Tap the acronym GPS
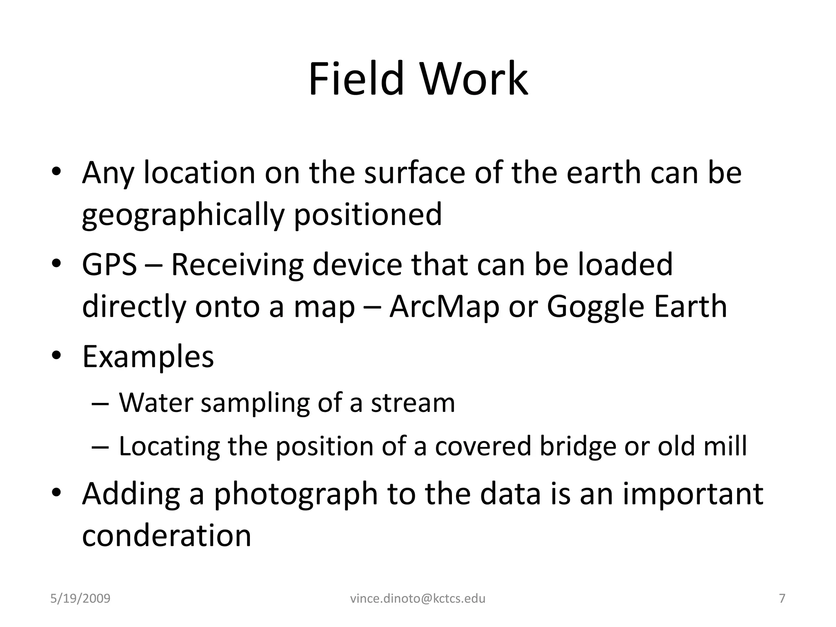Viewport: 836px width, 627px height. pos(109,265)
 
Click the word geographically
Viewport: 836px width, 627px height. pos(182,215)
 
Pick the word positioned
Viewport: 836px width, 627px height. pos(368,215)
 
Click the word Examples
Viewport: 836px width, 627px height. pos(148,357)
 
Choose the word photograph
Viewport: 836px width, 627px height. pos(296,494)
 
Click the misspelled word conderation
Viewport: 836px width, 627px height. pos(167,535)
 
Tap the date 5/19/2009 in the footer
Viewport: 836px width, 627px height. pos(80,598)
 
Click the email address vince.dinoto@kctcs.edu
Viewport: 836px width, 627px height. pos(418,598)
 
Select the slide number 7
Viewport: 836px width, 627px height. pos(782,598)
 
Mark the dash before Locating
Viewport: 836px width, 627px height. pos(100,447)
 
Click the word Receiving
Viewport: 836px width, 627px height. pos(237,265)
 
